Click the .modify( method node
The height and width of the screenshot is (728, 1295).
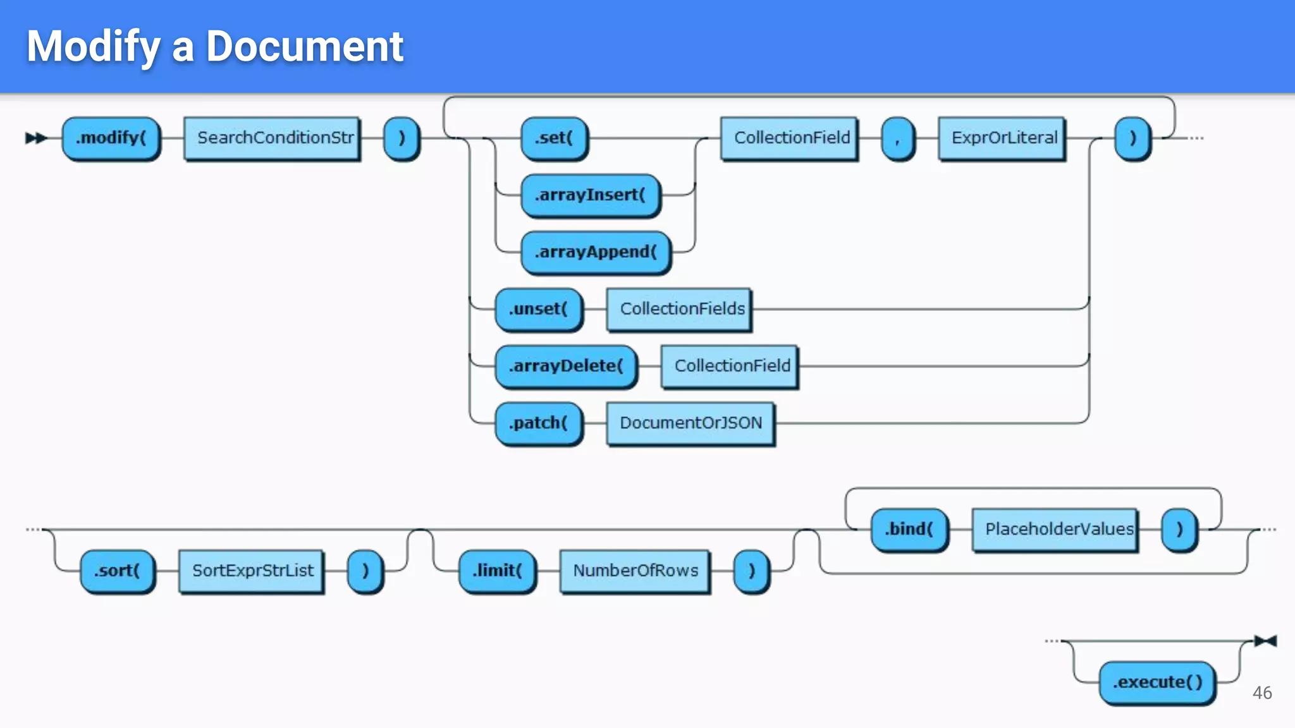point(111,138)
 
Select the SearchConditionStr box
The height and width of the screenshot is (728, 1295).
point(273,138)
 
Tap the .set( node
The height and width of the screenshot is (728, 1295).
point(554,138)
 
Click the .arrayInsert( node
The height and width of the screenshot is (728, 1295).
point(590,195)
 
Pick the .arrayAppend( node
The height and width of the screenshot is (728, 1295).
point(596,252)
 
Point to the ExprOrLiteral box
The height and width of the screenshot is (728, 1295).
point(1002,138)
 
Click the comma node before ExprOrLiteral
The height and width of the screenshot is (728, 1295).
point(897,138)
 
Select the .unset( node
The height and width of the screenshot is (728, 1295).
point(538,309)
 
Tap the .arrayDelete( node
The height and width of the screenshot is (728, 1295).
point(566,366)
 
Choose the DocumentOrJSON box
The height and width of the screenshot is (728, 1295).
point(690,423)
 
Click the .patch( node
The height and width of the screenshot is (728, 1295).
point(538,423)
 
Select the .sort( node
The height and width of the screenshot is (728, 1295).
point(117,571)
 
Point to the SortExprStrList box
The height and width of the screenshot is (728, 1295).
point(252,571)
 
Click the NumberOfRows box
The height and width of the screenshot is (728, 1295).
point(635,571)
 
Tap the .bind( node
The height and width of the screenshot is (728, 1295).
point(909,529)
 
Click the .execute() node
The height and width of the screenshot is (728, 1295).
point(1157,682)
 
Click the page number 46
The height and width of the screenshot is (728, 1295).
point(1262,693)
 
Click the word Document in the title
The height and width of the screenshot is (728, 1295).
point(305,47)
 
